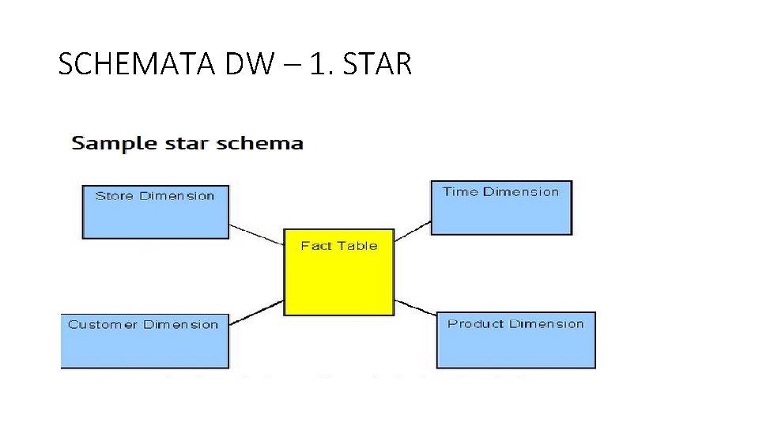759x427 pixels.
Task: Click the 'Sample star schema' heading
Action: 187,143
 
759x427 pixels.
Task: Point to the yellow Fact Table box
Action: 338,281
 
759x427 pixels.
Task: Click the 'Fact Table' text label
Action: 338,246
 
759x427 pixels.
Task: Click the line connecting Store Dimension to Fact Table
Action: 256,235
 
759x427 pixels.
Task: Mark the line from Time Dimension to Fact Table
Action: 412,230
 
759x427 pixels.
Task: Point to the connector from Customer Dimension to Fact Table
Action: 256,312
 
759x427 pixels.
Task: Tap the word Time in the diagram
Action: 460,191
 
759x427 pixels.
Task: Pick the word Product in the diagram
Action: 475,323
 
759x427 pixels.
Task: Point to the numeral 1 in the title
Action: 316,64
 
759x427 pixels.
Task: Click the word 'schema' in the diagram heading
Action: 261,143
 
